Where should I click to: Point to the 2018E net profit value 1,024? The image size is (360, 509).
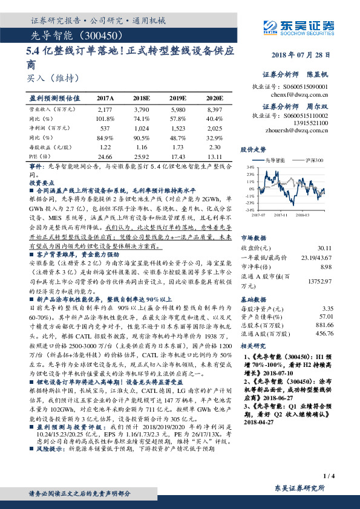pyautogui.click(x=141, y=128)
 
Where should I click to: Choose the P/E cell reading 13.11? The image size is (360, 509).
pyautogui.click(x=215, y=157)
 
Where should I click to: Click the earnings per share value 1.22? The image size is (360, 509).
pyautogui.click(x=105, y=147)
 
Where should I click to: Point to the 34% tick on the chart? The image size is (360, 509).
pyautogui.click(x=249, y=166)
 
